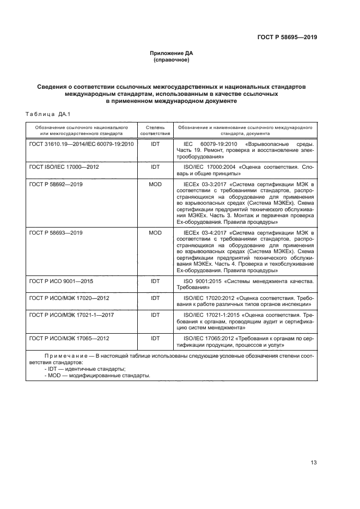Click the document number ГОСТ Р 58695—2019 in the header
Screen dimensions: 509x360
(286, 38)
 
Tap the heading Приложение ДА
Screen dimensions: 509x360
(172, 53)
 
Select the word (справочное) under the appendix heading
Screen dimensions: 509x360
(172, 60)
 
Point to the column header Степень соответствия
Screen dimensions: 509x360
(155, 130)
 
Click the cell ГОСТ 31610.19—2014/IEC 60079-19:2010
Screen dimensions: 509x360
(81, 144)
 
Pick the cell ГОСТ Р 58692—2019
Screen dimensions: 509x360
(56, 185)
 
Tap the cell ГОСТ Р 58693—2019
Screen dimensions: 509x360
(56, 232)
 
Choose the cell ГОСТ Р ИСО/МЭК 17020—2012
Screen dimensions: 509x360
(69, 298)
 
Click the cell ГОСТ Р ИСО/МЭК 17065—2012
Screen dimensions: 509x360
(69, 338)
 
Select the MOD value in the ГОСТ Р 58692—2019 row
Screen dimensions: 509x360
(155, 185)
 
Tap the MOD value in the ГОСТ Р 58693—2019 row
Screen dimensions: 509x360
(155, 232)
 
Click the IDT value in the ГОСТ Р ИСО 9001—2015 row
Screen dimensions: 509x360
(155, 281)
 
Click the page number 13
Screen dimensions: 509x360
(313, 463)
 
